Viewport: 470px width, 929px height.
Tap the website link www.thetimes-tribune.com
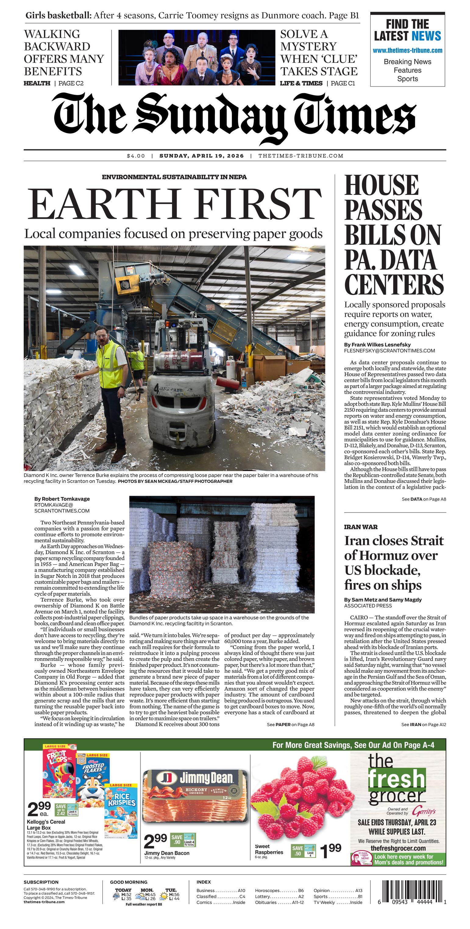point(407,51)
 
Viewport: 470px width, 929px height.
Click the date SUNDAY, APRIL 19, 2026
point(202,156)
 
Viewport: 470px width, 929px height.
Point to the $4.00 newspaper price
point(136,156)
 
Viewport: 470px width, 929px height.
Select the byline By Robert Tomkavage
point(62,499)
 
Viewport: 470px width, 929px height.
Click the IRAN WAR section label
point(361,527)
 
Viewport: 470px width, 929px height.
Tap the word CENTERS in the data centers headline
point(393,285)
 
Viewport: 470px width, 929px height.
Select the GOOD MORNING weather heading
point(129,882)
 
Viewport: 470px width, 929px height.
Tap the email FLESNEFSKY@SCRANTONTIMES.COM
point(389,350)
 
